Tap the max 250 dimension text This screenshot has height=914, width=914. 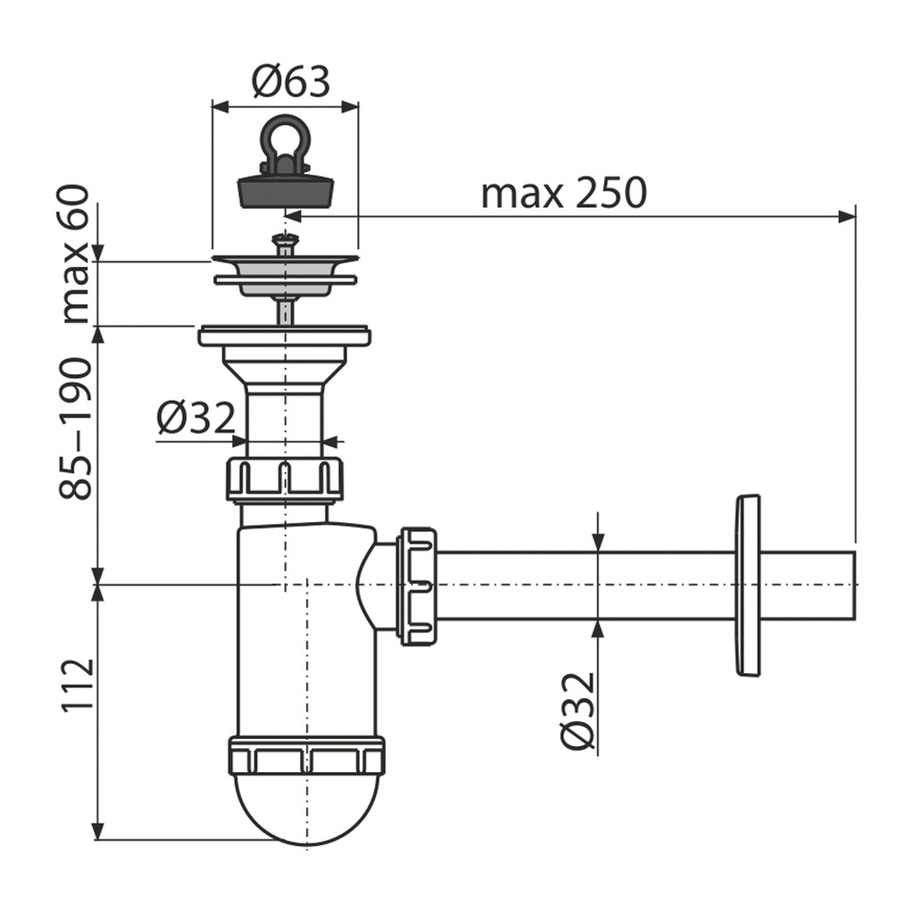point(564,193)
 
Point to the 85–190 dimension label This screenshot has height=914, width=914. point(75,428)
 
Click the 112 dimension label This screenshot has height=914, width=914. point(77,684)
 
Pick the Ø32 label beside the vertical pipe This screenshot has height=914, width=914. point(195,418)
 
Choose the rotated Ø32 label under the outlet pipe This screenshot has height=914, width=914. point(577,710)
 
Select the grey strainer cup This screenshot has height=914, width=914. point(285,278)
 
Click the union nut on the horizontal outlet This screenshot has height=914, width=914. point(418,586)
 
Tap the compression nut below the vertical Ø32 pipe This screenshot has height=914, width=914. point(285,479)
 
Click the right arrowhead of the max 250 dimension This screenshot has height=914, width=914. point(847,217)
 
